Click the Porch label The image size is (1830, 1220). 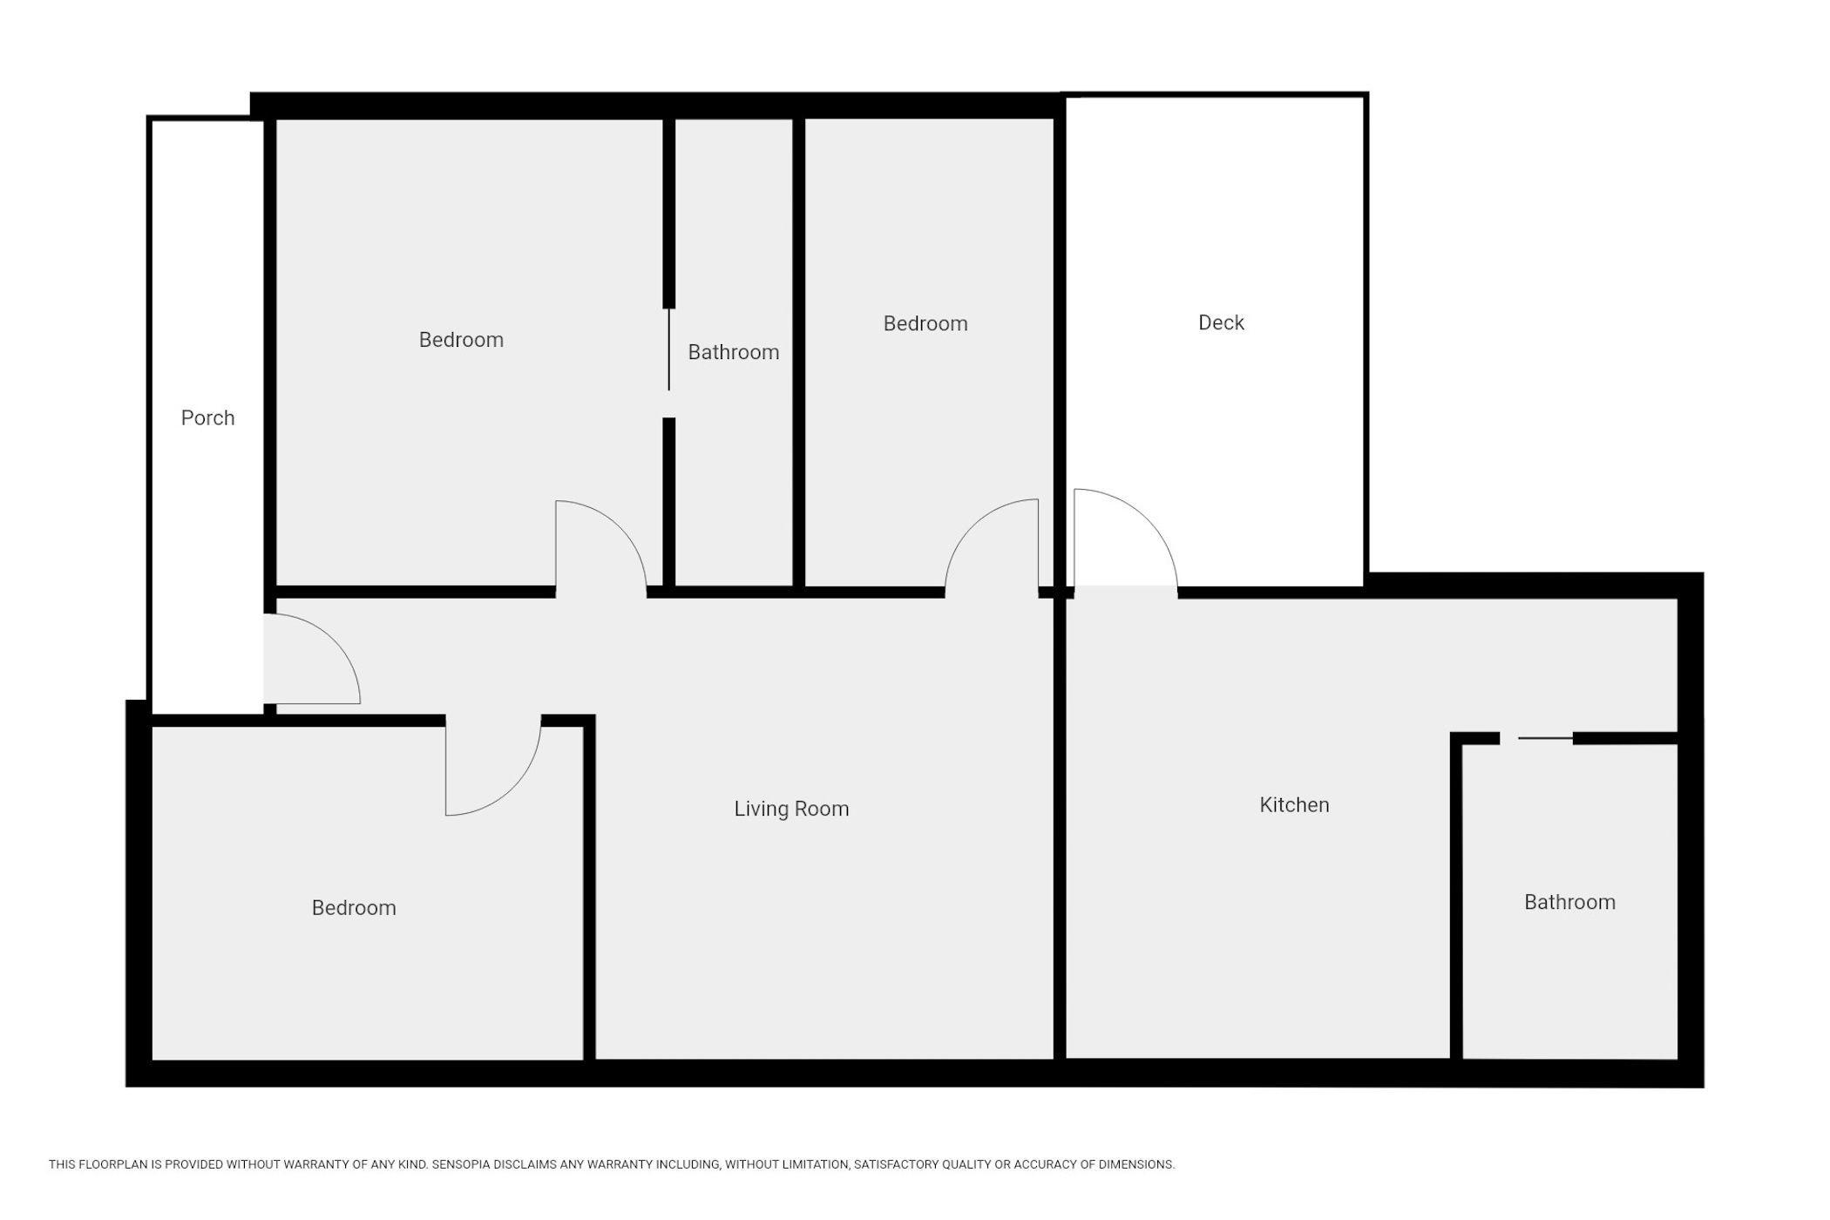[207, 418]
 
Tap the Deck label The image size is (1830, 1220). [1221, 322]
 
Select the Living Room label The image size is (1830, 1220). [791, 809]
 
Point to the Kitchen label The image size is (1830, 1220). [1294, 804]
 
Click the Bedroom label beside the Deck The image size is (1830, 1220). [925, 323]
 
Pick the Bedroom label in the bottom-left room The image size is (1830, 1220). [354, 907]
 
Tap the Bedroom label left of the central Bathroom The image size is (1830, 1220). [461, 339]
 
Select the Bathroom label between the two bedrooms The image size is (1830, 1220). [733, 352]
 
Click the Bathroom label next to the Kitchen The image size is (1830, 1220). [1569, 902]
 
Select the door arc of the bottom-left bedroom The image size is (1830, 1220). [514, 788]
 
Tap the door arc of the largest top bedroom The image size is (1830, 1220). [621, 528]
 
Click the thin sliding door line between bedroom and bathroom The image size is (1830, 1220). [668, 349]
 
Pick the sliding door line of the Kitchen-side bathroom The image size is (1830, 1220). [1546, 738]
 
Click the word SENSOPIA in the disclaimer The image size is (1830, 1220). [462, 1164]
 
